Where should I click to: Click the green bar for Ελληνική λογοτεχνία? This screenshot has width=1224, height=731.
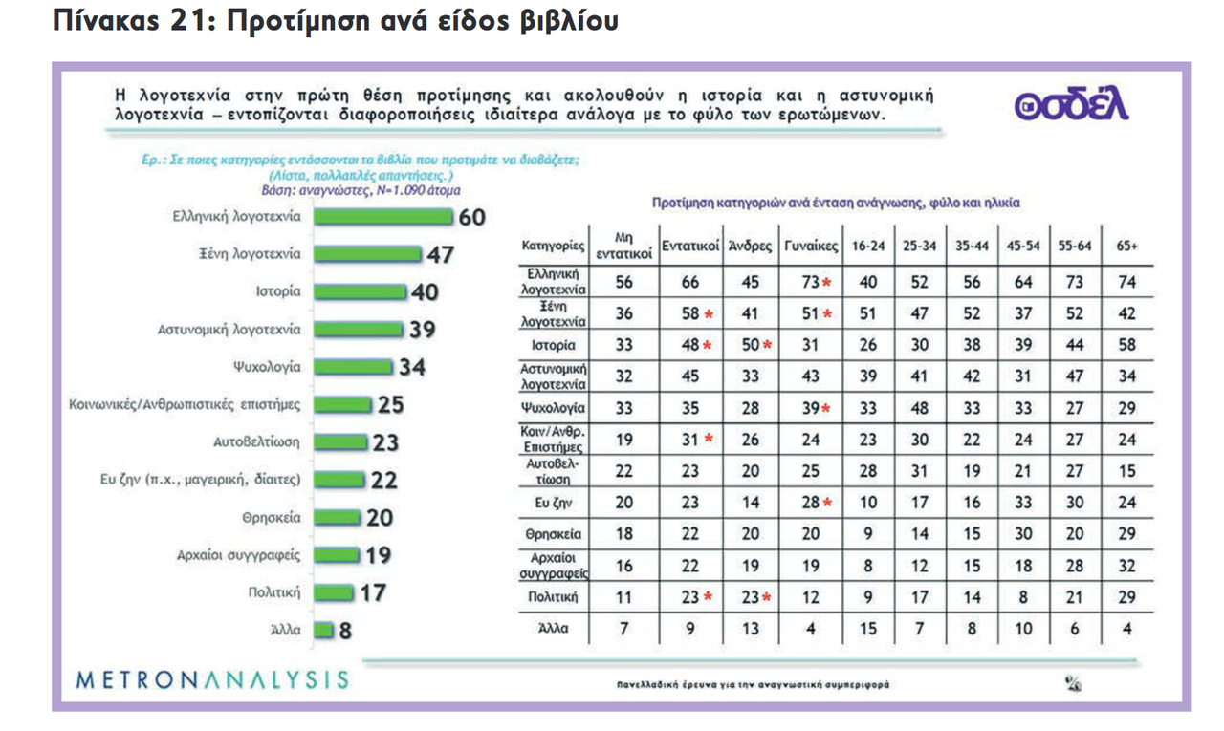tap(382, 218)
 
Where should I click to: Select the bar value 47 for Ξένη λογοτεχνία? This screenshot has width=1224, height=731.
tap(440, 255)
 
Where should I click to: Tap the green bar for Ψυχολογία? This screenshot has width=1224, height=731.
tap(355, 367)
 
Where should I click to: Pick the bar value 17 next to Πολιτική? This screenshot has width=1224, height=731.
tap(373, 592)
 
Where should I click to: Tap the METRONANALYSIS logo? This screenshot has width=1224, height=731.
tap(212, 680)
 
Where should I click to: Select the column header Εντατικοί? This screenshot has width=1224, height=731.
tap(689, 246)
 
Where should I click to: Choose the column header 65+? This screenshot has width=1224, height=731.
tap(1127, 246)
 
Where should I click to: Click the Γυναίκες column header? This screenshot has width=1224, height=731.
tap(811, 246)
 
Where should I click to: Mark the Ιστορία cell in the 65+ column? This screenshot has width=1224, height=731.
tap(1127, 345)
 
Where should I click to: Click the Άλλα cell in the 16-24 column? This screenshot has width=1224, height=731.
tap(867, 628)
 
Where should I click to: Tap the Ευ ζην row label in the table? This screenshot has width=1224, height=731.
tap(553, 503)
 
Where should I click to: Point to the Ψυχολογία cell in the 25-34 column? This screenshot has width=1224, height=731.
tap(919, 408)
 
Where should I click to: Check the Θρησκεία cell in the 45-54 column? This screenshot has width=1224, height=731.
tap(1023, 534)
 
